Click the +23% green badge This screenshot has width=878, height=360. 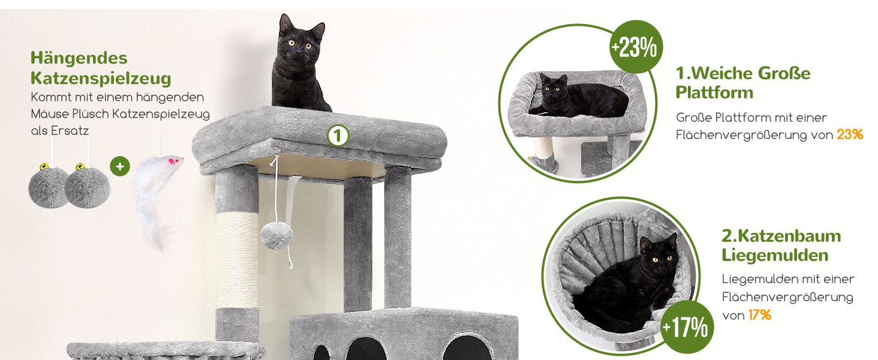point(636,47)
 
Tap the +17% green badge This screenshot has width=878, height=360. point(686,327)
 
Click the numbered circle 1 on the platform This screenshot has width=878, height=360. point(338,136)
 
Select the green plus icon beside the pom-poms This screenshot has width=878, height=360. point(120,166)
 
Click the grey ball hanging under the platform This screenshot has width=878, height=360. point(276,236)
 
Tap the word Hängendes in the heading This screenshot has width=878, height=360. point(79,58)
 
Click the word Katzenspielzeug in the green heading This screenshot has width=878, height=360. point(101,78)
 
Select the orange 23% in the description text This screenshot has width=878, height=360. point(850,134)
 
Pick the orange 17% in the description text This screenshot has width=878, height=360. point(760,315)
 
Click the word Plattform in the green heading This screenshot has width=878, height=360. point(714,92)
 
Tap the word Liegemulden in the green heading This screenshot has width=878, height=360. point(775,255)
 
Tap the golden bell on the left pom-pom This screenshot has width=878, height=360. point(44,167)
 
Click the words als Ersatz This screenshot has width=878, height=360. point(60,131)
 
